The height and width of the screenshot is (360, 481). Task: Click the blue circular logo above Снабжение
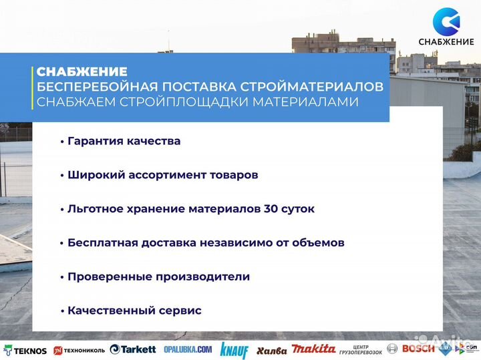coord(446,22)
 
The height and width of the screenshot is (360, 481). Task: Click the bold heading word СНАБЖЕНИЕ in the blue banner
coord(82,71)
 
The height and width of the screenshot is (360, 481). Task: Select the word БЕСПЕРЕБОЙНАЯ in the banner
coord(89,87)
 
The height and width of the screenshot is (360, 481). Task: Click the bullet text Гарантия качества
coord(124,142)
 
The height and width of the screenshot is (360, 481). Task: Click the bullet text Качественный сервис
coord(134,311)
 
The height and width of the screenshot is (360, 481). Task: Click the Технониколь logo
coord(79,350)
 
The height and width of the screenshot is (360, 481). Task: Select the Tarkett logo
coord(133,349)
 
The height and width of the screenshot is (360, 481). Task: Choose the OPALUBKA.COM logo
coord(188,349)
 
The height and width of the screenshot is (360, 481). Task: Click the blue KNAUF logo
coord(234,350)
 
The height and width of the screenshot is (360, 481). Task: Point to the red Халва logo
coord(271,350)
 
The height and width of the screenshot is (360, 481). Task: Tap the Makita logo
coord(314,349)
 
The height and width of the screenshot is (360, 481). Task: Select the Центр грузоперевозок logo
coord(361,349)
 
